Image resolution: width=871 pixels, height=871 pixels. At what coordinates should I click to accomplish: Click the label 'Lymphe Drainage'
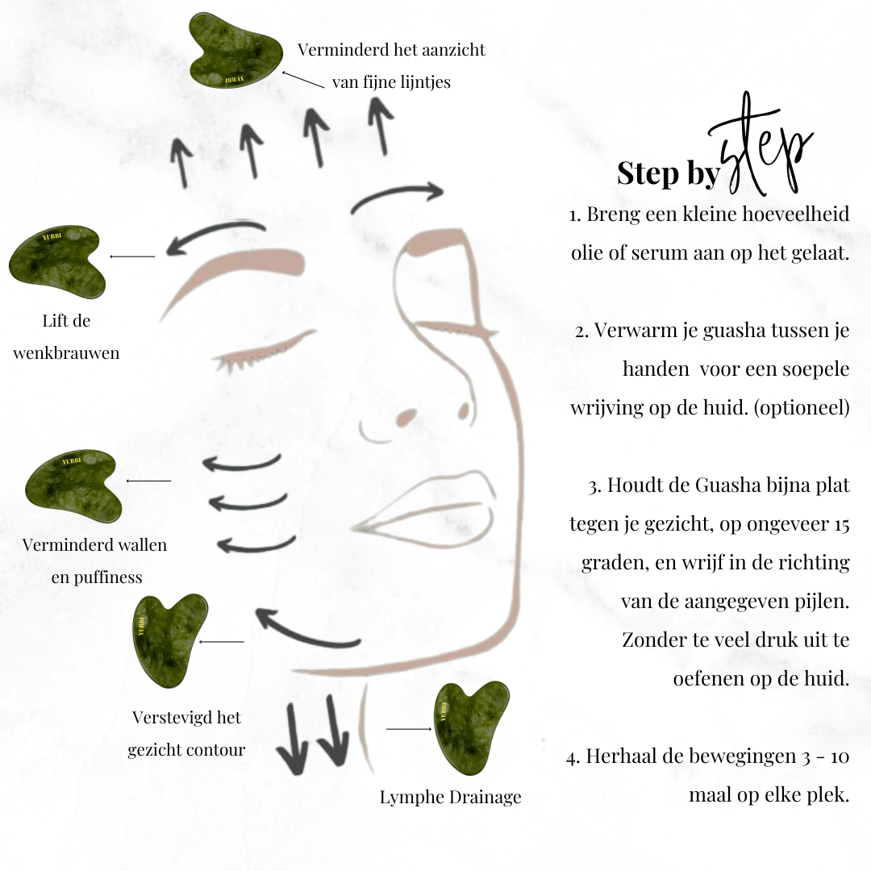450,797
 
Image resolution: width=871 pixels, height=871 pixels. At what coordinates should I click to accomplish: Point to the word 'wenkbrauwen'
66,352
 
